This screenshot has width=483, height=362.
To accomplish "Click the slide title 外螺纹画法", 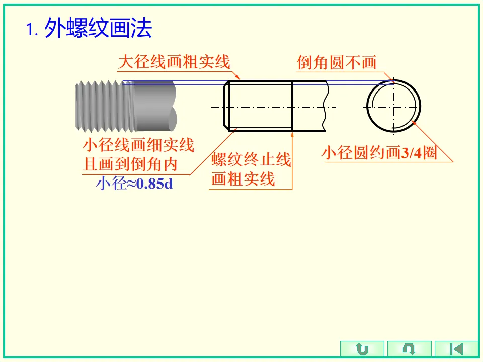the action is click(98, 29).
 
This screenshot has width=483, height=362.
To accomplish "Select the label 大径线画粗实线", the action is click(174, 62).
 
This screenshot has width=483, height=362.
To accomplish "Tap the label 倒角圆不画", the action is click(337, 62).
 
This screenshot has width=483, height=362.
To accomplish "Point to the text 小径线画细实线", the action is click(138, 145).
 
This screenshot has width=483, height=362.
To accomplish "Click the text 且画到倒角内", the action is click(130, 164).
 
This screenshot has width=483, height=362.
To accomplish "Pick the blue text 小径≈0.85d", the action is click(134, 184).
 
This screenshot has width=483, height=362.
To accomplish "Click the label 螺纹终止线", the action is click(251, 160).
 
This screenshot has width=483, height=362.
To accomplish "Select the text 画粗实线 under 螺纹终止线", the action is click(243, 179).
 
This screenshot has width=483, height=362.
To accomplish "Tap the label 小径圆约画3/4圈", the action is click(379, 153).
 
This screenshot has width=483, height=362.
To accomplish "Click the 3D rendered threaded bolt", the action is click(126, 104).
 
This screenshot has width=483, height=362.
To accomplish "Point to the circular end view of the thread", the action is click(394, 107).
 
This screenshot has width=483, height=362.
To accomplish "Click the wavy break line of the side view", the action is click(327, 107).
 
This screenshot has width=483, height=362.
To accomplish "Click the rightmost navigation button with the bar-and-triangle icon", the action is click(456, 349).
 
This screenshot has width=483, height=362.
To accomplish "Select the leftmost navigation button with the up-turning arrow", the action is click(362, 349).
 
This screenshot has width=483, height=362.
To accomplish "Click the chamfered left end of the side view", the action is click(227, 107).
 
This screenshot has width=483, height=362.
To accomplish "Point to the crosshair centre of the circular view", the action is click(394, 107).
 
